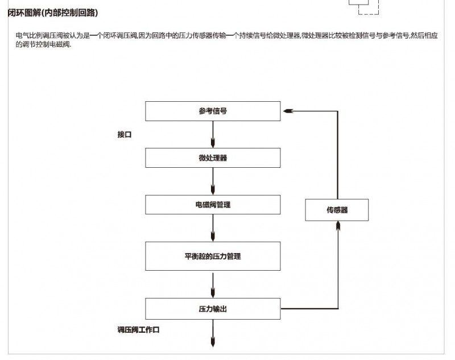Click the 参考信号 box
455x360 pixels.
coord(213,111)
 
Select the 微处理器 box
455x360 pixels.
coord(213,158)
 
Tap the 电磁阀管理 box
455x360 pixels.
coord(213,205)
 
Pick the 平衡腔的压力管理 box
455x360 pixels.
coord(213,256)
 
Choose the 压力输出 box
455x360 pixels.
coord(213,309)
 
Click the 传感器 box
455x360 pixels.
coord(337,210)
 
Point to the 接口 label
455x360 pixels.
coord(125,135)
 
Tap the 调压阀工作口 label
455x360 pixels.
coord(138,330)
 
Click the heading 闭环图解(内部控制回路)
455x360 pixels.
coord(53,13)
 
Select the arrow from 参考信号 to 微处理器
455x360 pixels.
coord(213,134)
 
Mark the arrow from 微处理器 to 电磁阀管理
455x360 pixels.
coord(213,181)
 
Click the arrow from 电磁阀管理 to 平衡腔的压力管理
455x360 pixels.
coord(213,228)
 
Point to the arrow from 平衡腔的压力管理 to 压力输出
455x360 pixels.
coord(213,285)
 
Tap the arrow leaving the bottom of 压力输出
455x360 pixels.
coord(213,333)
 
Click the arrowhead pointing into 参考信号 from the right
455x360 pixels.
coord(288,111)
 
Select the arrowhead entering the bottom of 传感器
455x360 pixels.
coord(338,226)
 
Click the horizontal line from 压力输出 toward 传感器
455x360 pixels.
coord(309,308)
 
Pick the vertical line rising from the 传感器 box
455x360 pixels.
coord(337,155)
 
